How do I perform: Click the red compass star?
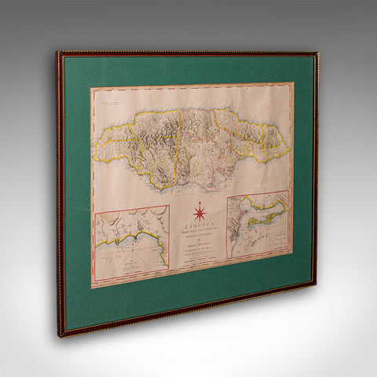pyautogui.click(x=199, y=212)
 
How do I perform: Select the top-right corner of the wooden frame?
pyautogui.click(x=318, y=53)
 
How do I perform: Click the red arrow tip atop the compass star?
pyautogui.click(x=199, y=202)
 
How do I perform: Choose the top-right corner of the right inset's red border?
pyautogui.click(x=289, y=191)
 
